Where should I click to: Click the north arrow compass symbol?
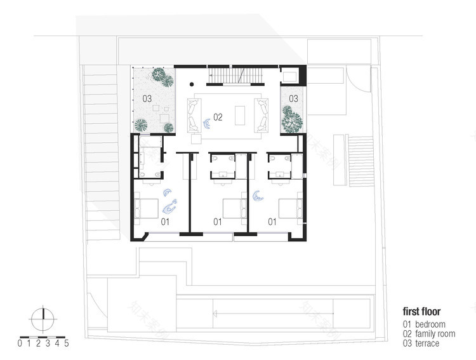[43, 317]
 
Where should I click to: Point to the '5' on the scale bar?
[67, 344]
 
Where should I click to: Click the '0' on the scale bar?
[20, 344]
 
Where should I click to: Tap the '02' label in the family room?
[218, 117]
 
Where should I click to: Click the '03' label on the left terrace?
[147, 98]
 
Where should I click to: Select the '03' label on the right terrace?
[293, 98]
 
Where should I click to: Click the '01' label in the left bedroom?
[164, 222]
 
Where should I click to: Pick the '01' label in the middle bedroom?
[217, 222]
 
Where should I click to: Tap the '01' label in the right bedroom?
[272, 222]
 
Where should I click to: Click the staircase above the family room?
[229, 75]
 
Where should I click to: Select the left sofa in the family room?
[192, 114]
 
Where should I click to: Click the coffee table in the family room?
[241, 115]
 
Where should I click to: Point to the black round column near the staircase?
[192, 83]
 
